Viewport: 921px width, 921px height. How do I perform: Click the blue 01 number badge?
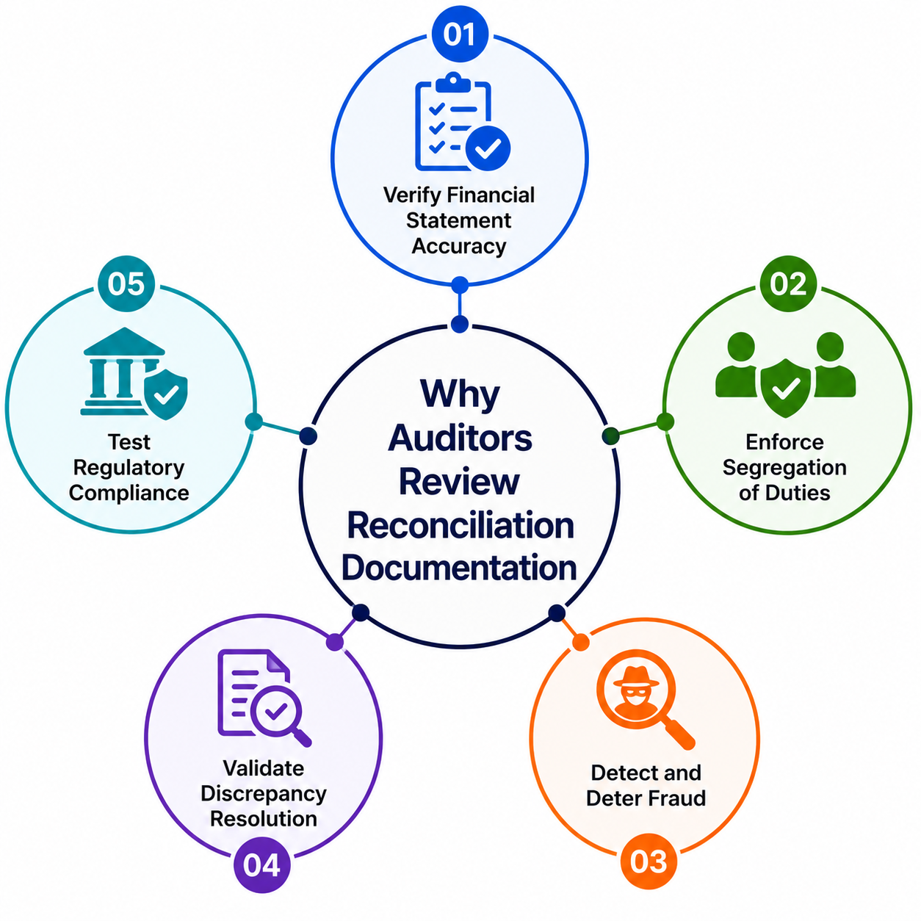(x=459, y=34)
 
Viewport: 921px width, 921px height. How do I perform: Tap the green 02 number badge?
(x=788, y=284)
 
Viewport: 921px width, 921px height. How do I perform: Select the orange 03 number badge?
(x=648, y=862)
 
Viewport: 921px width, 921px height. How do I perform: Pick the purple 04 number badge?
(x=261, y=864)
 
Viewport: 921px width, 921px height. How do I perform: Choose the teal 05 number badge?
(x=126, y=284)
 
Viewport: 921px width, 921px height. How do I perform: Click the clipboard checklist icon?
(x=462, y=121)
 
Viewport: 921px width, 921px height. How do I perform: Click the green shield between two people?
(x=785, y=388)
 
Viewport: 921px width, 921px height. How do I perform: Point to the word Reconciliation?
(x=460, y=525)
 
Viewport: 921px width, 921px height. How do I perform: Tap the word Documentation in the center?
(x=459, y=567)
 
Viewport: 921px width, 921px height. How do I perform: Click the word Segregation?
(x=784, y=468)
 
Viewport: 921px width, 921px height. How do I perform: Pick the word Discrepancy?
(x=264, y=795)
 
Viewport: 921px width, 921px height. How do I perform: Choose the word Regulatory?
(x=129, y=468)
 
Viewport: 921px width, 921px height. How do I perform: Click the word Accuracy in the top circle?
(x=459, y=246)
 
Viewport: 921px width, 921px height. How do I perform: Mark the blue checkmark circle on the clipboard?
(x=488, y=148)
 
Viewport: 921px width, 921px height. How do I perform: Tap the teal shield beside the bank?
(x=165, y=394)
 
